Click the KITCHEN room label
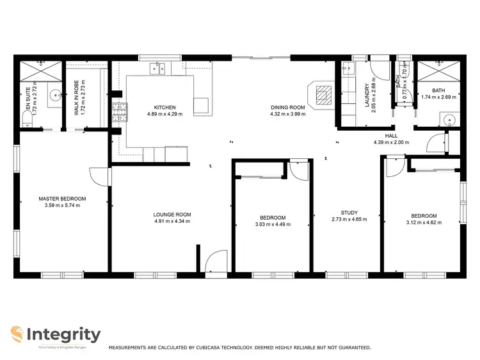click(164, 107)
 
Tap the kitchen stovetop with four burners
click(118, 113)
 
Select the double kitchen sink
click(158, 68)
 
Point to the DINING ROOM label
click(287, 107)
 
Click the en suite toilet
click(28, 120)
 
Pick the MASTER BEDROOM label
click(62, 199)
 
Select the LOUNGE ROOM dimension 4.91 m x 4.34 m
click(172, 222)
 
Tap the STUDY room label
click(349, 213)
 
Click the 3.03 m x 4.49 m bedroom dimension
click(273, 225)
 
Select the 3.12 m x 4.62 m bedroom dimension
click(424, 223)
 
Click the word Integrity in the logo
click(64, 334)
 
